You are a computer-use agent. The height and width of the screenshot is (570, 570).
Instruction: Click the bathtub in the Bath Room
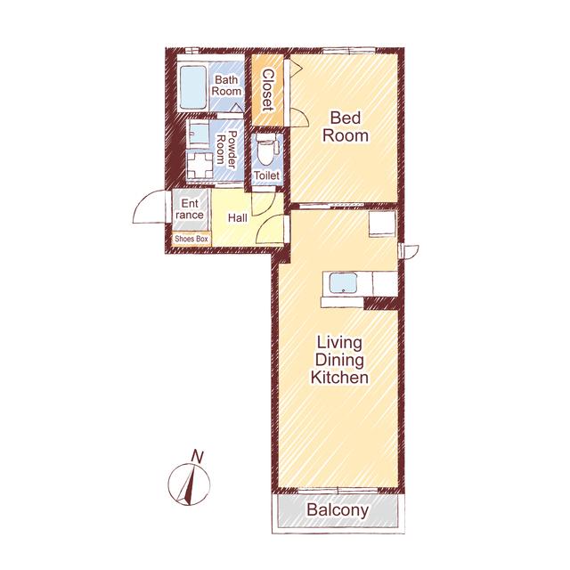[193, 87]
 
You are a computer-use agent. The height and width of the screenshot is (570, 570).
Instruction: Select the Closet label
[268, 90]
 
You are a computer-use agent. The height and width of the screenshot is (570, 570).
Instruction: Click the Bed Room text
[346, 126]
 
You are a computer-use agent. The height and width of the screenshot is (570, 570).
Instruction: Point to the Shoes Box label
[191, 239]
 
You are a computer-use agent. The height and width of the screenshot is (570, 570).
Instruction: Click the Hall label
[238, 217]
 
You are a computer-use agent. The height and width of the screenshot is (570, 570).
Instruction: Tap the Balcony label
[338, 509]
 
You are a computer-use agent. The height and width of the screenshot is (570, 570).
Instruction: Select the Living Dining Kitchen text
[339, 360]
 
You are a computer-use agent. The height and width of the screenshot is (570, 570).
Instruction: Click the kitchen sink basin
[343, 283]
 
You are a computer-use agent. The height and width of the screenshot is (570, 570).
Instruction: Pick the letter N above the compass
[198, 457]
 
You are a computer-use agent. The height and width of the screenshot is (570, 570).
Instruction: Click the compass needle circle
[189, 484]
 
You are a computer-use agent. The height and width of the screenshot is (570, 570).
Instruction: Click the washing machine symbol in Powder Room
[199, 166]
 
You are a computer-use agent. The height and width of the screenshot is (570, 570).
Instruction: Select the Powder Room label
[225, 150]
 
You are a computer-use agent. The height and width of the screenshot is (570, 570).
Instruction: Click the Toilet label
[266, 175]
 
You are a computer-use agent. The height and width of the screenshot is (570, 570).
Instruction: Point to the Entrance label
[190, 209]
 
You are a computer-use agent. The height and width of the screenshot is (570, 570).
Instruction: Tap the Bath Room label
[226, 85]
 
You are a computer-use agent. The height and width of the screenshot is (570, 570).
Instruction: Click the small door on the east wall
[409, 251]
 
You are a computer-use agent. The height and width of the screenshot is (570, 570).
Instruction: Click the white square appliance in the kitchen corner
[382, 224]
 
